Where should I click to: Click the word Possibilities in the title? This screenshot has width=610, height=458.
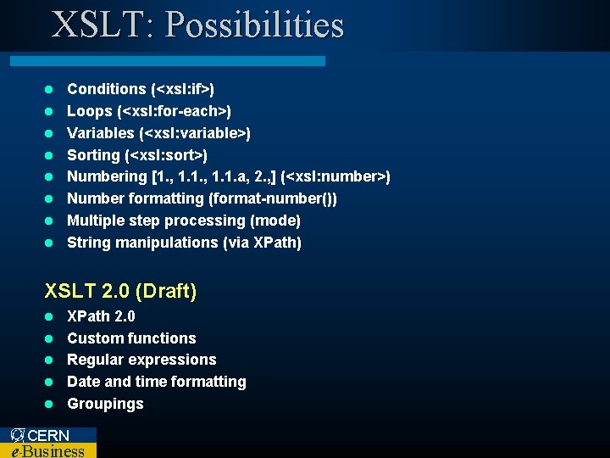254,25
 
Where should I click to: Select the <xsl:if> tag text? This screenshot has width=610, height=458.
182,89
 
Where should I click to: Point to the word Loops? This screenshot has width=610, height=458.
90,111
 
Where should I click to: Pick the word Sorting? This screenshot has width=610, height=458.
93,155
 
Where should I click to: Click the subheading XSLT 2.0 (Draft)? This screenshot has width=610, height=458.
120,291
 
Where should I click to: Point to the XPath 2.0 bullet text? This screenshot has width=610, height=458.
101,316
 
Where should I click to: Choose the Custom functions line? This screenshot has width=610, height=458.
131,338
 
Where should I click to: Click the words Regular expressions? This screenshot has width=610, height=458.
141,360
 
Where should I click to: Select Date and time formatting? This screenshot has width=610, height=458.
156,382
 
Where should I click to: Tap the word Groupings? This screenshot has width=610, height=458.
105,404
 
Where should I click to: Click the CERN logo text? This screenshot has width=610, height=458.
47,435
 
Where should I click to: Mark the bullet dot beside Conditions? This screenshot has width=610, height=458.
49,89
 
